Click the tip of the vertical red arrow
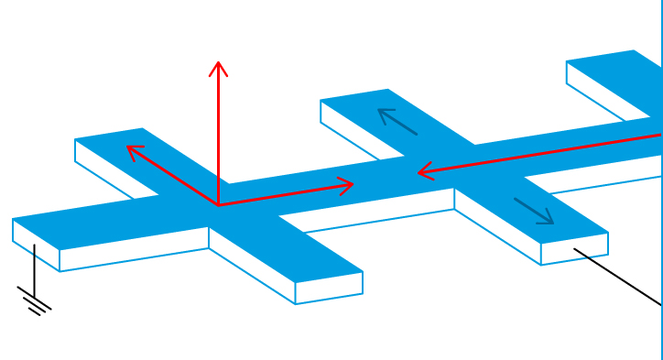pos(218,62)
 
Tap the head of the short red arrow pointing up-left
pos(129,147)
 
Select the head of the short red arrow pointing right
pos(351,184)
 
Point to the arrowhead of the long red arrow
pos(420,171)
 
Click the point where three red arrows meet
pos(218,205)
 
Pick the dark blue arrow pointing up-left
pos(397,121)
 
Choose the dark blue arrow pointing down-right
pos(534,211)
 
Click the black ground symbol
pos(35,301)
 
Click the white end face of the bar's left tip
pos(36,245)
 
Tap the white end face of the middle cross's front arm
pos(574,248)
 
